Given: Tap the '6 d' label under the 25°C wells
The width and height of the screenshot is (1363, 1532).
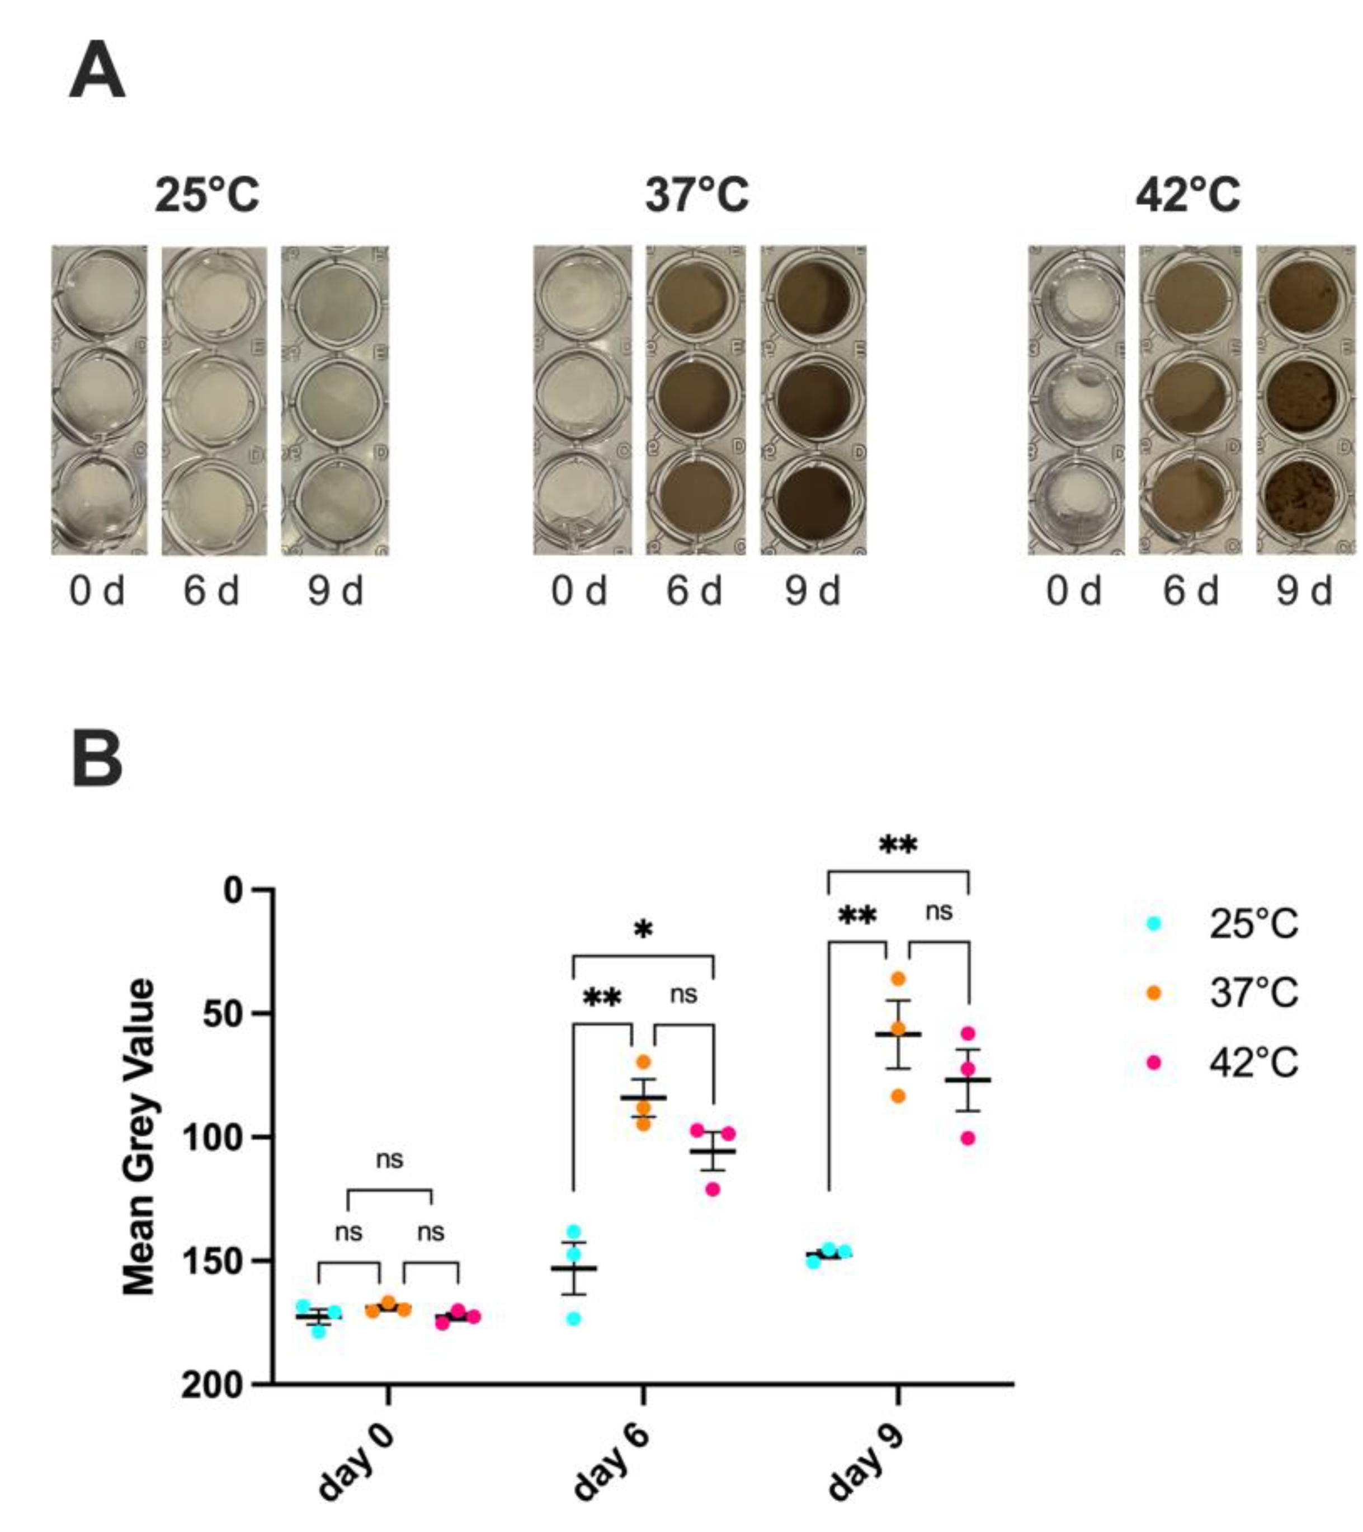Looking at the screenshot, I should pos(211,591).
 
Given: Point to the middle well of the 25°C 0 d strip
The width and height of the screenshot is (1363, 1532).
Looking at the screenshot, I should pos(98,397).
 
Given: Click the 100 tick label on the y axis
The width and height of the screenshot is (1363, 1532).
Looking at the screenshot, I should pos(218,1138).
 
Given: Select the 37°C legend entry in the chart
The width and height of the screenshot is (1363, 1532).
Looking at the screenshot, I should pos(1251,993).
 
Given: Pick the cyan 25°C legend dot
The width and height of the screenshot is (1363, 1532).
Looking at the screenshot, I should pos(1154,924).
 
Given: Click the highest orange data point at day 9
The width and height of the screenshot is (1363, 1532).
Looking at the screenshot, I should pos(898,979).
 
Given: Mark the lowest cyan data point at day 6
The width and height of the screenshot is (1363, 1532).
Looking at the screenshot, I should pos(574,1319).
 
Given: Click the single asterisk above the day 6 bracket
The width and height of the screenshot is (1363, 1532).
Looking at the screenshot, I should pos(643,930).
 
